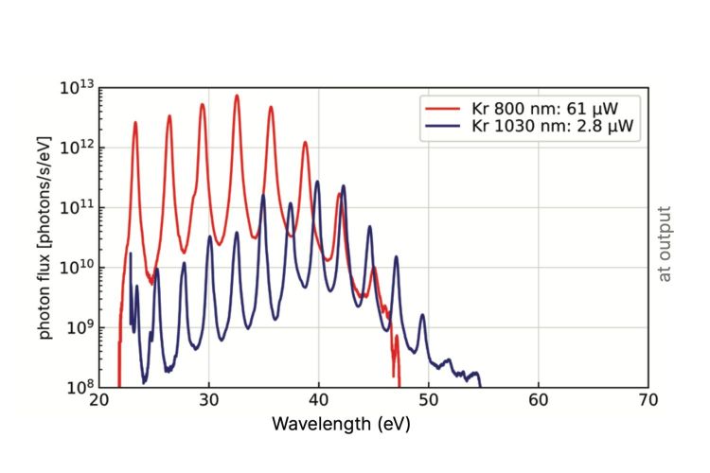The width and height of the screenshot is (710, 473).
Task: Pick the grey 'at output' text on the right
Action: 665,243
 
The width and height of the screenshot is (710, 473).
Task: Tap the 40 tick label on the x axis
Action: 319,401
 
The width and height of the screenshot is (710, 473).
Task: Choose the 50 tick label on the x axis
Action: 429,401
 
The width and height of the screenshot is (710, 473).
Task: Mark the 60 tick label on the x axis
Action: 539,401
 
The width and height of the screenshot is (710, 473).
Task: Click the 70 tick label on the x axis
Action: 648,401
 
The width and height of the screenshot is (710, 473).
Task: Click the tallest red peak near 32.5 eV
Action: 237,96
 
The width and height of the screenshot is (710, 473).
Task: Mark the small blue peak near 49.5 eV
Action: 422,315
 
